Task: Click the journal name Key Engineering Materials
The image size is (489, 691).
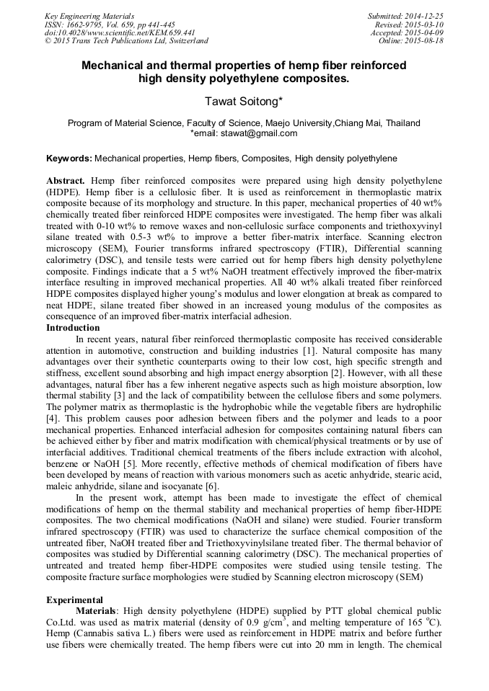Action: click(x=89, y=15)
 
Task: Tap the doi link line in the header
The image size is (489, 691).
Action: click(x=120, y=32)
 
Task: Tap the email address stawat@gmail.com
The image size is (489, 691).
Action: click(x=244, y=133)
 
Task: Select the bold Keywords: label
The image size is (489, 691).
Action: click(x=69, y=158)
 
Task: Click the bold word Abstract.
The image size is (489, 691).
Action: click(x=66, y=179)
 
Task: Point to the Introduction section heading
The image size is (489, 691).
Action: click(x=73, y=327)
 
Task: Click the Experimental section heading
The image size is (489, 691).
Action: click(x=74, y=599)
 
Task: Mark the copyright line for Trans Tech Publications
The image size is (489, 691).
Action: click(x=126, y=41)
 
